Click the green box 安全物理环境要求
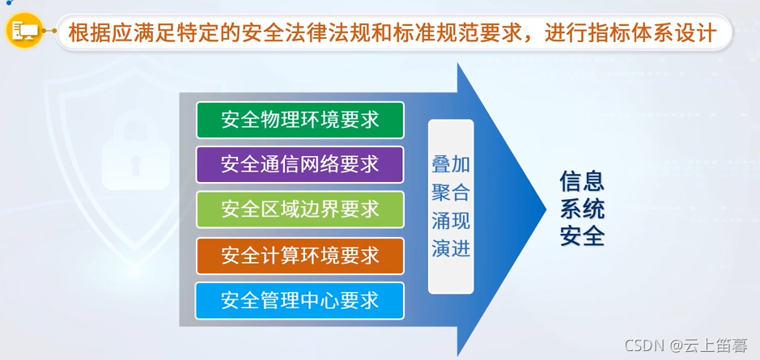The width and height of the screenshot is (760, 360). [x=299, y=120]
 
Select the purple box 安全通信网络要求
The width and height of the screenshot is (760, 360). [x=299, y=164]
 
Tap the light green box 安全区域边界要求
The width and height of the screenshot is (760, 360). [x=299, y=210]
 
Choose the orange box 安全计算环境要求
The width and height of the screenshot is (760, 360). [x=299, y=256]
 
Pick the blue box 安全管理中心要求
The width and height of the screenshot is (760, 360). [x=299, y=300]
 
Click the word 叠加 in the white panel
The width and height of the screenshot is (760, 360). [x=451, y=165]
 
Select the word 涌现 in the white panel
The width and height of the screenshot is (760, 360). [x=451, y=221]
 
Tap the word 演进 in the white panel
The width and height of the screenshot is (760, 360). [x=451, y=248]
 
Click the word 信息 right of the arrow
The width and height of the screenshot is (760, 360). [x=582, y=181]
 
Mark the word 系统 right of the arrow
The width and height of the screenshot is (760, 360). [x=582, y=209]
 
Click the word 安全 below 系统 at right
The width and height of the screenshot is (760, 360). [x=582, y=236]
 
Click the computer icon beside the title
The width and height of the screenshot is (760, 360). [x=23, y=32]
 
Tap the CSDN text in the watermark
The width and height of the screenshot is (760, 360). [x=644, y=346]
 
